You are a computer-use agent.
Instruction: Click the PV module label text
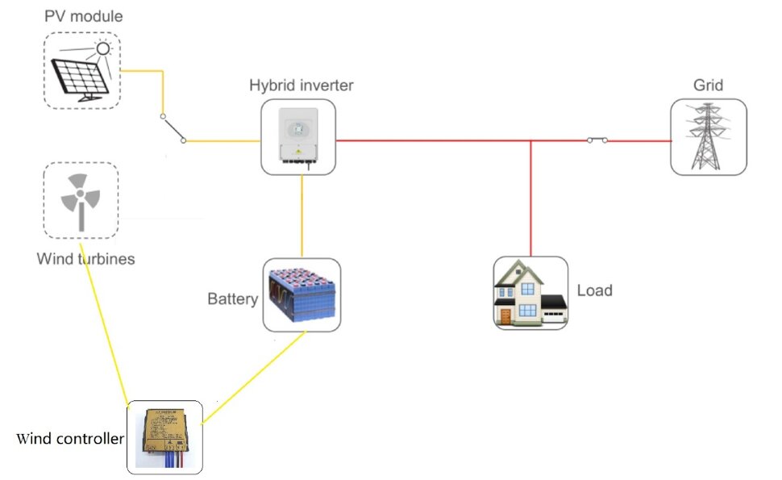(83, 16)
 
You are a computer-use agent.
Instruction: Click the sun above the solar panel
(103, 48)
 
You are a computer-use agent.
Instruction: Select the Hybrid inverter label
(302, 86)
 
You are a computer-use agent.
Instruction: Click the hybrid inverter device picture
(298, 136)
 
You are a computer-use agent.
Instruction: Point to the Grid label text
(708, 86)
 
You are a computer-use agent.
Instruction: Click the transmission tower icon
(707, 136)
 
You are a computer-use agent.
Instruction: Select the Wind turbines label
(85, 259)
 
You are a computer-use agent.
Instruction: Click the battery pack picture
(302, 295)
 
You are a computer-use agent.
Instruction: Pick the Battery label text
(232, 298)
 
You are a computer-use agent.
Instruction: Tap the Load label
(594, 290)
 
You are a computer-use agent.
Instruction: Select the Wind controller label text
(70, 439)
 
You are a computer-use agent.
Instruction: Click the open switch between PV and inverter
(173, 128)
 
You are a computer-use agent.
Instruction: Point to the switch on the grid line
(597, 140)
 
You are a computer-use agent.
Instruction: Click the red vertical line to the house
(530, 198)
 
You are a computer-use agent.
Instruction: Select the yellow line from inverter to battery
(302, 216)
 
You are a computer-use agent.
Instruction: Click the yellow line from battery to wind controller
(253, 378)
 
